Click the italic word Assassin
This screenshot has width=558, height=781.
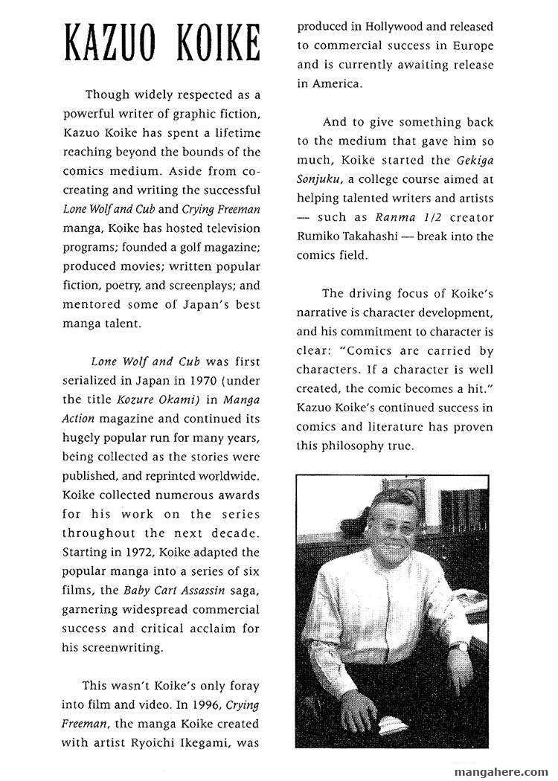click(202, 590)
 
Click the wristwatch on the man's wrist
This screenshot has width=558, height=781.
click(461, 646)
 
